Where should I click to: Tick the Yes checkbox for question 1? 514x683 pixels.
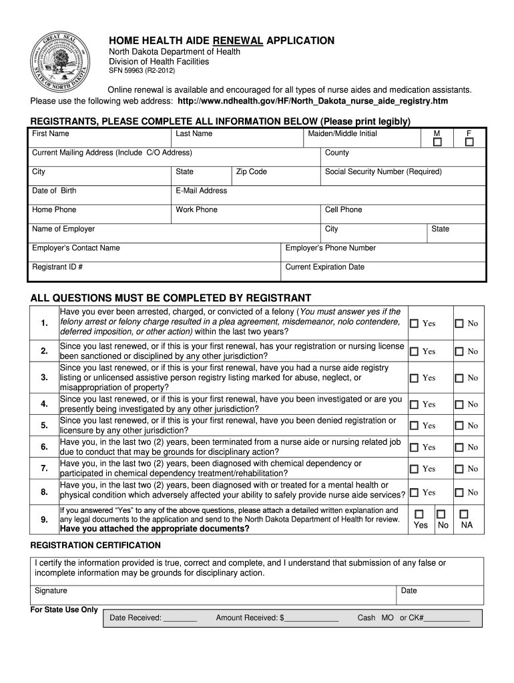click(x=414, y=323)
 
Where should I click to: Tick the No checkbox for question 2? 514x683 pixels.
click(x=459, y=352)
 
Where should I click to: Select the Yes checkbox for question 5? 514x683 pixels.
click(x=414, y=426)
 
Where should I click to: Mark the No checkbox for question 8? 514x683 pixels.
click(x=459, y=493)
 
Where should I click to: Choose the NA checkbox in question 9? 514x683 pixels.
click(x=465, y=514)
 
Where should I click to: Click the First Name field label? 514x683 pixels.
click(x=51, y=134)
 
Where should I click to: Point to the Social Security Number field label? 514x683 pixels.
click(x=383, y=172)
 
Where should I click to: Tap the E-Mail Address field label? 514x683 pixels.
click(x=202, y=191)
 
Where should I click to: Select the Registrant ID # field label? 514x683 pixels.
click(x=57, y=267)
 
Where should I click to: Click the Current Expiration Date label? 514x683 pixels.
click(x=325, y=267)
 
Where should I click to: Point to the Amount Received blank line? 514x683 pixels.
click(x=312, y=618)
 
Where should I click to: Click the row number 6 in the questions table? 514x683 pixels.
click(x=44, y=447)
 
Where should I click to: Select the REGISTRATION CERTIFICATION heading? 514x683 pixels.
click(x=96, y=546)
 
